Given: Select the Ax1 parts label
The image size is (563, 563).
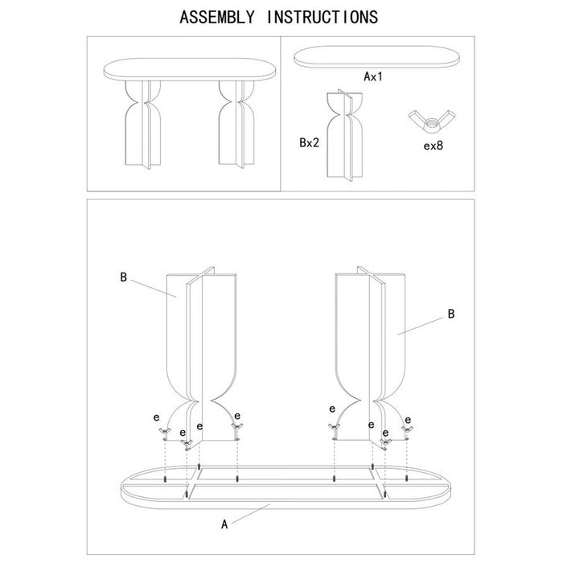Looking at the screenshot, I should [372, 76].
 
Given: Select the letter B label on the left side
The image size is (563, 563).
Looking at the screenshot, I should [123, 277].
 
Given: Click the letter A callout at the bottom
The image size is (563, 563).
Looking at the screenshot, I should [225, 524].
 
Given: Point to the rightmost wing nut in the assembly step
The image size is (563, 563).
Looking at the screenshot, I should [407, 434].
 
